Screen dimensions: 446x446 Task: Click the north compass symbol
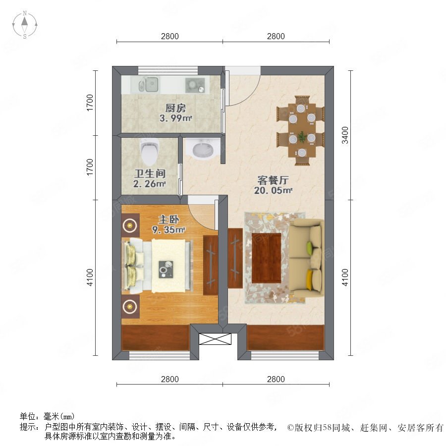click(25, 25)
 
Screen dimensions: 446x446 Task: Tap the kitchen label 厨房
click(175, 108)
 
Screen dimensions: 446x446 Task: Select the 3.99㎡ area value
click(175, 118)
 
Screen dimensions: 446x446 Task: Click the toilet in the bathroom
click(150, 151)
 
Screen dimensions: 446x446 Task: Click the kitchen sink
click(148, 84)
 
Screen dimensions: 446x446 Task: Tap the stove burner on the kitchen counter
click(195, 85)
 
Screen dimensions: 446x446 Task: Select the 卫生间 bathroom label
click(150, 173)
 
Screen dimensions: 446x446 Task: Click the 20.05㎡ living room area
click(273, 190)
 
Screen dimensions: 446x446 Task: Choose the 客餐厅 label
click(273, 180)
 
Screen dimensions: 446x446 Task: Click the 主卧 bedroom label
click(168, 220)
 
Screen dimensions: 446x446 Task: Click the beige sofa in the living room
click(307, 258)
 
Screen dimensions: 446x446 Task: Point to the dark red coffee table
click(266, 258)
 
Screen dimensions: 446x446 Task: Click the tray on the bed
click(166, 269)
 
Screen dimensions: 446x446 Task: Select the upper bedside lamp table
click(130, 225)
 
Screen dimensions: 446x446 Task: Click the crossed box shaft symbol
click(215, 339)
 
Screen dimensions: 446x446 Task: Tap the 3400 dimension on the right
click(345, 135)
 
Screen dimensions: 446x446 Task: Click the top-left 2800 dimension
click(170, 36)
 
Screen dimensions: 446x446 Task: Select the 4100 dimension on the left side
click(90, 278)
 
